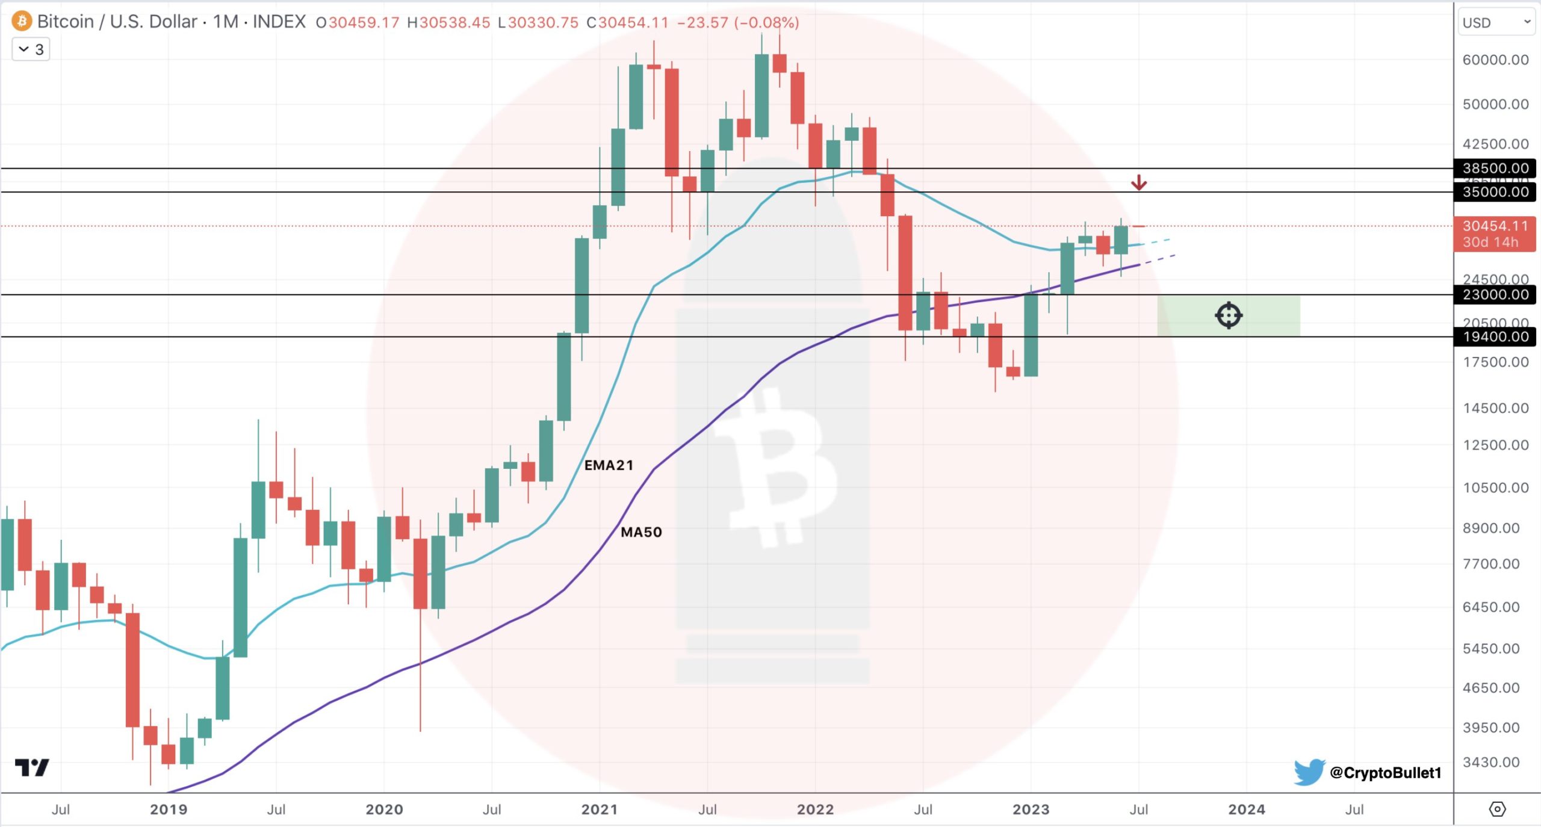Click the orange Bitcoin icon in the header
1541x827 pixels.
[x=22, y=22]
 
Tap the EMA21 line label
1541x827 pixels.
[x=609, y=465]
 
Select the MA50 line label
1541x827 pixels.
[x=641, y=532]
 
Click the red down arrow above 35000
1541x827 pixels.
[x=1138, y=182]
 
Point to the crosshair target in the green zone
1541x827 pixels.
[x=1228, y=315]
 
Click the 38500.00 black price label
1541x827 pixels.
[x=1495, y=168]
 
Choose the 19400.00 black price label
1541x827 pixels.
[x=1495, y=336]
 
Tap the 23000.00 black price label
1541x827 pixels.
[x=1495, y=294]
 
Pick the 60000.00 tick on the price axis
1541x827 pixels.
[x=1495, y=60]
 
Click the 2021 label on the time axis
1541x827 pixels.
[x=600, y=810]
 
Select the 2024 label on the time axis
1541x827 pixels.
[x=1246, y=810]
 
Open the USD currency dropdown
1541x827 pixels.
[x=1495, y=23]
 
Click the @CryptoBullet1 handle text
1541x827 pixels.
[x=1385, y=773]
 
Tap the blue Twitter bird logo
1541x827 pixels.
[x=1309, y=772]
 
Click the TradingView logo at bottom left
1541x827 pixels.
[x=32, y=767]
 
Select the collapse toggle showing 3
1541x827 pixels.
[x=31, y=49]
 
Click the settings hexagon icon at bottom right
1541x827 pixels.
[x=1497, y=810]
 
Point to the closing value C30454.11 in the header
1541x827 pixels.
[x=627, y=23]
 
